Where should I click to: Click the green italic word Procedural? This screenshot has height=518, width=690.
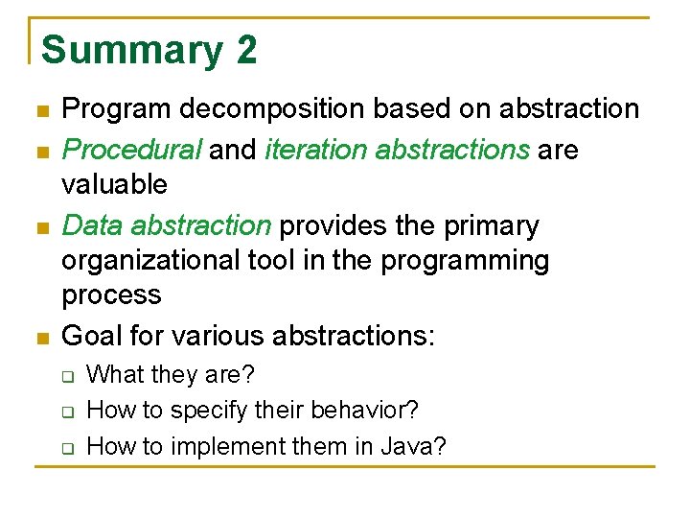(x=131, y=151)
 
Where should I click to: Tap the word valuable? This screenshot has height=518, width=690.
(x=114, y=184)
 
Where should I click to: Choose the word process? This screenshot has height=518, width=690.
(x=111, y=294)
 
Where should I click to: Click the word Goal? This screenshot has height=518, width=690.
(x=94, y=337)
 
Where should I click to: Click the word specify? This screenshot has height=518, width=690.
(x=211, y=411)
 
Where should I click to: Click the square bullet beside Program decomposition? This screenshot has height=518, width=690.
(x=40, y=111)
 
